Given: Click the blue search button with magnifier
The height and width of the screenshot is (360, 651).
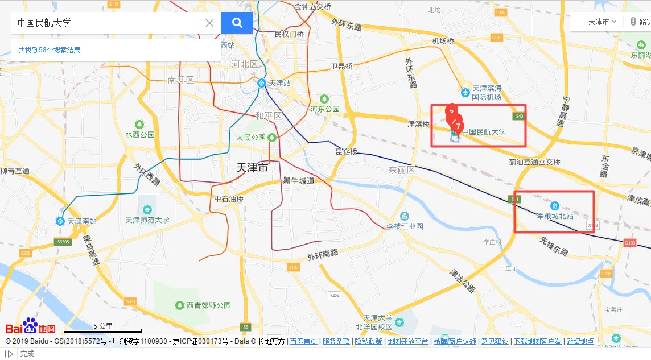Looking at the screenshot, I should tap(237, 23).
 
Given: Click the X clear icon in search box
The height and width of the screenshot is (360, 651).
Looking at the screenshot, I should tap(209, 23).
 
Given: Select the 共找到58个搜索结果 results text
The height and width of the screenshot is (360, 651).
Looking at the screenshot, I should tap(49, 50).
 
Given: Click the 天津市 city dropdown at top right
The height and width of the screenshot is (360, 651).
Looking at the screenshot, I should tap(602, 22).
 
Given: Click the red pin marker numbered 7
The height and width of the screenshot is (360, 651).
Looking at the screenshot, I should tap(458, 126).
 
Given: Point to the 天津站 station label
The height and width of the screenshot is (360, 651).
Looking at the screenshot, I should tap(279, 83).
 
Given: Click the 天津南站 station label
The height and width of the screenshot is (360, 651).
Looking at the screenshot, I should tap(82, 221).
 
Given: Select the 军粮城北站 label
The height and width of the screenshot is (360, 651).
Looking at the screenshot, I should tap(555, 216).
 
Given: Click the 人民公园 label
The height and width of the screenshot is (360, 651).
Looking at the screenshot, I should tap(251, 138).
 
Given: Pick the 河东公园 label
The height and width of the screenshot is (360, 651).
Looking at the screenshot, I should tap(324, 109).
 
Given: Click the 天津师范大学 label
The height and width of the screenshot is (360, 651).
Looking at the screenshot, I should tap(147, 220).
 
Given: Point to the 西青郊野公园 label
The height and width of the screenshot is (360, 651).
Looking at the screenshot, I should tap(209, 305).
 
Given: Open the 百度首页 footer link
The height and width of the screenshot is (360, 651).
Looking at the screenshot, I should tap(303, 341).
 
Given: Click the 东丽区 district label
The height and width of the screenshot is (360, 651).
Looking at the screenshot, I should tap(402, 170).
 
